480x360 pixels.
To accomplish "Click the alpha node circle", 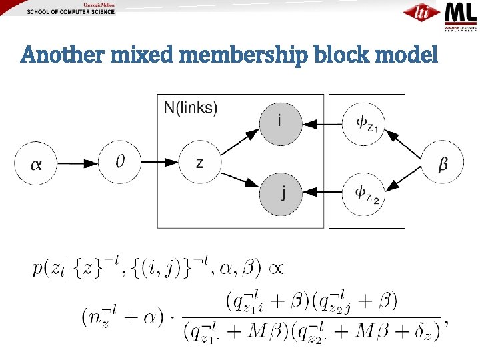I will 37,163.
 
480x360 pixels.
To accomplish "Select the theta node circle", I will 120,162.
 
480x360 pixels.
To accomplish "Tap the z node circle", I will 199,163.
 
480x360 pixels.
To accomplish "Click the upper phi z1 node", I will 363,123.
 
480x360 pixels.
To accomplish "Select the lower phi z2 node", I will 363,193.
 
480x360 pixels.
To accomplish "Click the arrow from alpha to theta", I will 79,163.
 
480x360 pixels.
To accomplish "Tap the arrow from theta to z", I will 160,163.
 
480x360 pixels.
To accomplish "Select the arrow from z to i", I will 239,141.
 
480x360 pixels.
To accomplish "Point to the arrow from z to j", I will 239,182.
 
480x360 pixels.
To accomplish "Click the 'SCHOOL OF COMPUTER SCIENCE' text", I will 71,12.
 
